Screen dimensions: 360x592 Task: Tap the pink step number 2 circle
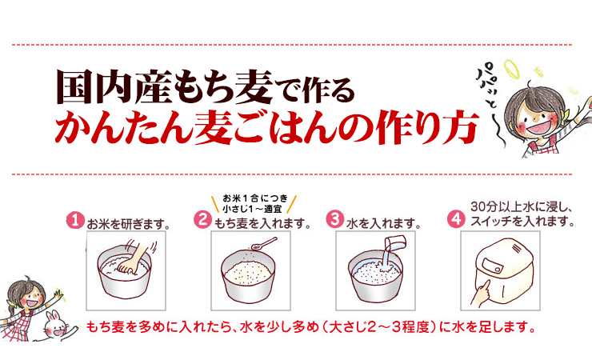pos(204,219)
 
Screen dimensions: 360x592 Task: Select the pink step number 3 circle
pos(335,219)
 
